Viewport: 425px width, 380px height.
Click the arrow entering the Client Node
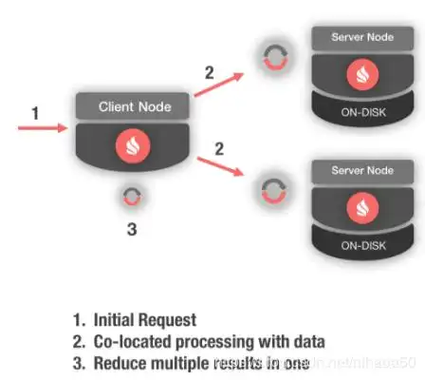pyautogui.click(x=43, y=125)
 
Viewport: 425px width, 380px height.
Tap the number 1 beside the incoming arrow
pyautogui.click(x=35, y=113)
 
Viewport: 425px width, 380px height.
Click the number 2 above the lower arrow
pyautogui.click(x=220, y=148)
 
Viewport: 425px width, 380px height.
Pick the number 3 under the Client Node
pyautogui.click(x=133, y=229)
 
